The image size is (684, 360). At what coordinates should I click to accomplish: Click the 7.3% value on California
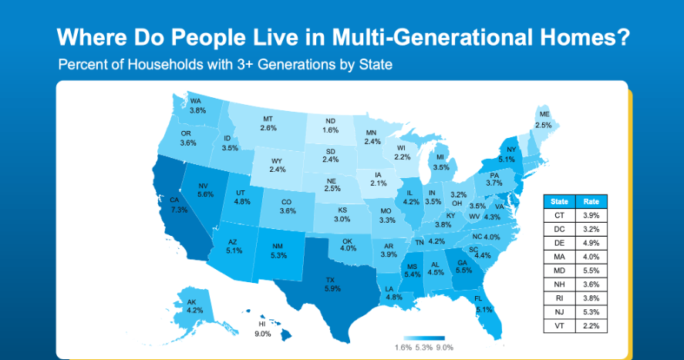tap(179, 210)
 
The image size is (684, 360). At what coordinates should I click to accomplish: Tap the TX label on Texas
tap(330, 280)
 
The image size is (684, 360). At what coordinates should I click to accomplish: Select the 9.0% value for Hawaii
tap(263, 334)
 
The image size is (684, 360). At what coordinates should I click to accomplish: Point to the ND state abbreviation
tap(330, 121)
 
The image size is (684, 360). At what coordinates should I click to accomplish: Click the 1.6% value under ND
tap(330, 130)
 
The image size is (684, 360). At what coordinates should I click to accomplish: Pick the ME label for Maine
tap(544, 114)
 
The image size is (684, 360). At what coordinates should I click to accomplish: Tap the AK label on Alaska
tap(191, 302)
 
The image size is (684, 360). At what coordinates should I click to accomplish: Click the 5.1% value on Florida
tap(484, 309)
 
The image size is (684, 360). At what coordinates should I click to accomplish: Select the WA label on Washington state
tap(196, 101)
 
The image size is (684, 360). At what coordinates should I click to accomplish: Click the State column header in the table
tap(559, 202)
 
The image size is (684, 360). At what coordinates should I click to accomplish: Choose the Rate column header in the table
tap(591, 202)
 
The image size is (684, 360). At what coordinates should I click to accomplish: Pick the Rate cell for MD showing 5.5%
tap(591, 271)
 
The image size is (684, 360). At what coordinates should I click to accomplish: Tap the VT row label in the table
tap(559, 325)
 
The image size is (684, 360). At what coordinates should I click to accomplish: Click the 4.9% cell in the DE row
tap(591, 243)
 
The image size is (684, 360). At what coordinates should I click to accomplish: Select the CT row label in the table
tap(559, 215)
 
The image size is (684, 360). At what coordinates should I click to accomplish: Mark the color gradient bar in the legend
tap(424, 338)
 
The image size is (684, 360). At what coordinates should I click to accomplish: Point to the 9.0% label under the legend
tap(444, 348)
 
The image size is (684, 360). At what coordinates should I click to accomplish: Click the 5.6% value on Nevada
tap(205, 194)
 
